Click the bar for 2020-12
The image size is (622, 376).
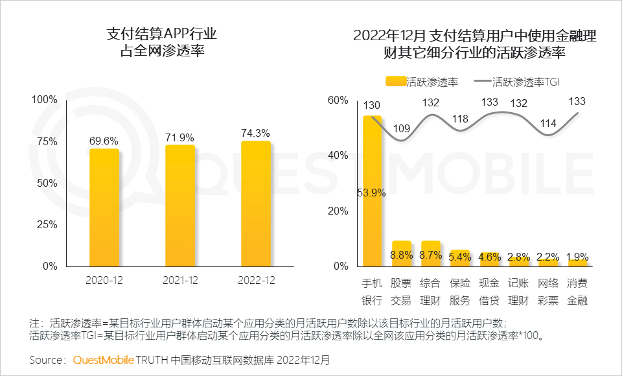click(104, 207)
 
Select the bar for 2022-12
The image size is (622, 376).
click(255, 204)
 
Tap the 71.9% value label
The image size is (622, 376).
click(180, 137)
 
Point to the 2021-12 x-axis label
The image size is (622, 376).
click(180, 281)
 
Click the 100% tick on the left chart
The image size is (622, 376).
click(45, 100)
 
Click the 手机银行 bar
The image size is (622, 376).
click(372, 191)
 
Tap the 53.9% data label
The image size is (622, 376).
click(372, 192)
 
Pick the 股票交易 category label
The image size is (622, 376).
click(401, 292)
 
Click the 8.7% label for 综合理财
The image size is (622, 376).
click(430, 256)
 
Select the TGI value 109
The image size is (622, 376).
click(401, 128)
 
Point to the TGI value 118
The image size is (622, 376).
click(460, 119)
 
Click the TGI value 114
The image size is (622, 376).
click(548, 123)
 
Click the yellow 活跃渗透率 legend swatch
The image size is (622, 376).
click(395, 82)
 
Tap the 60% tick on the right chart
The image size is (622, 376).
click(338, 100)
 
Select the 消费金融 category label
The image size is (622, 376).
click(577, 292)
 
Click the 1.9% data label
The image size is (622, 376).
click(577, 256)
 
